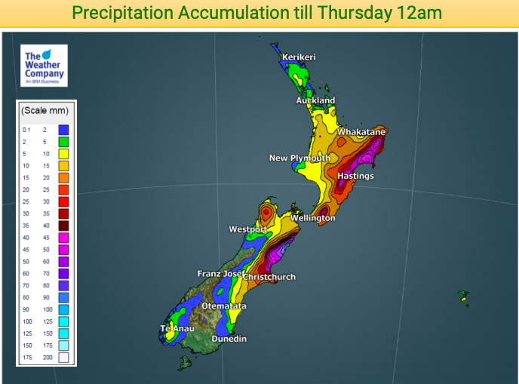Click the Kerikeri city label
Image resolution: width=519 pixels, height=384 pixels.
click(299, 57)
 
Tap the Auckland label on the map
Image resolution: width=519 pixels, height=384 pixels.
click(315, 100)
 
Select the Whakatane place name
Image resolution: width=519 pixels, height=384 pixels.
click(361, 132)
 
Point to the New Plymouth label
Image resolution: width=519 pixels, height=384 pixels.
click(299, 158)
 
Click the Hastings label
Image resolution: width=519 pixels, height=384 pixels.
click(355, 176)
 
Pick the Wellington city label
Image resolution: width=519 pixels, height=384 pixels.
click(313, 218)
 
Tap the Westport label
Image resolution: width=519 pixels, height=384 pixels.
click(248, 229)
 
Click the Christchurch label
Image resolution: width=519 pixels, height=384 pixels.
click(269, 277)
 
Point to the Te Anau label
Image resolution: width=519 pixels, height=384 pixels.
click(177, 329)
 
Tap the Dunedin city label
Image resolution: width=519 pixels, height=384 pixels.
click(229, 339)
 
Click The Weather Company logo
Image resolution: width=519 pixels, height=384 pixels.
click(45, 66)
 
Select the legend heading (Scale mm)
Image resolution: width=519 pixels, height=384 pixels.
click(46, 110)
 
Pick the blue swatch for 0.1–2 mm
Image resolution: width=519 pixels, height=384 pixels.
click(64, 130)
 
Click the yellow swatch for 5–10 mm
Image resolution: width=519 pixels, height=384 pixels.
click(64, 153)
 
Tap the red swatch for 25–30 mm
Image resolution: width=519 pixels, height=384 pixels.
click(64, 201)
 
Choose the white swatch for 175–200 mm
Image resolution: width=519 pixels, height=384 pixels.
click(64, 357)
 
